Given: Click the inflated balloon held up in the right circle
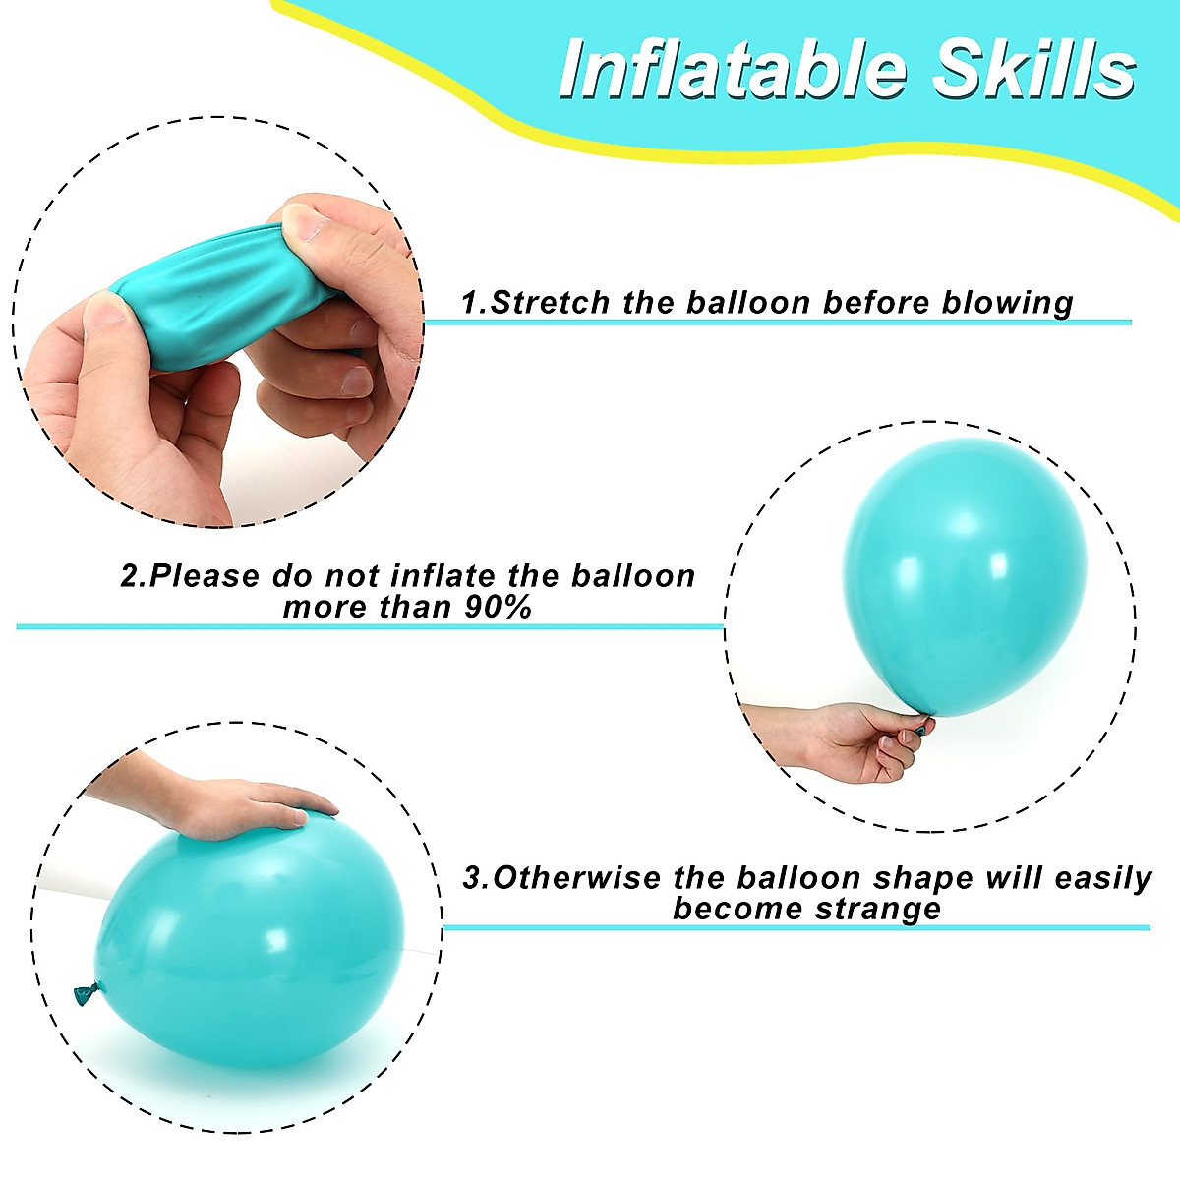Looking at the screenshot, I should [964, 580].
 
